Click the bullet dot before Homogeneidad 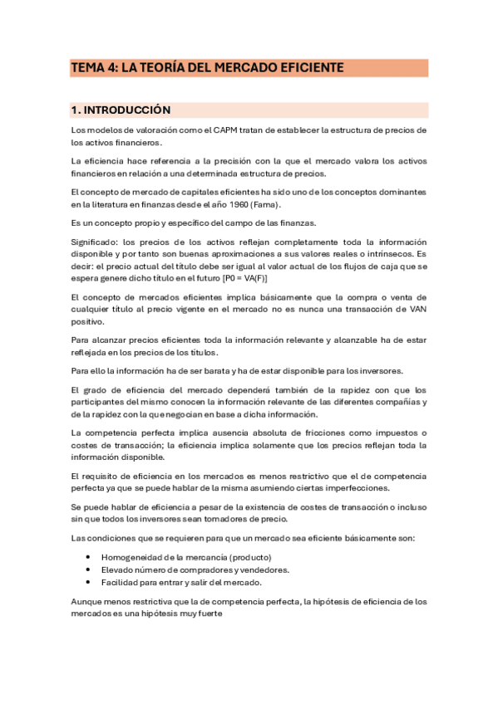tap(87, 556)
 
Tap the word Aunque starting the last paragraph tap(88, 601)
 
